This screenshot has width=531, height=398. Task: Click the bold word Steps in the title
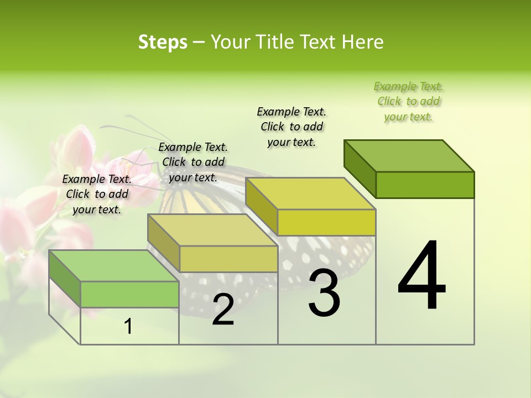[x=163, y=42]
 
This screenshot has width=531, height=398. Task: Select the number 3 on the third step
[x=324, y=292]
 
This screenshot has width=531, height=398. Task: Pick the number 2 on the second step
[x=223, y=310]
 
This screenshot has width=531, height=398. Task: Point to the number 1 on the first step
[x=128, y=327]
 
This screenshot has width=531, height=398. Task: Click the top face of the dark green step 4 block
[x=409, y=156]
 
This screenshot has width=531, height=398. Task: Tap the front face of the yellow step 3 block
[x=326, y=222]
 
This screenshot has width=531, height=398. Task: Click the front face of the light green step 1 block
[x=129, y=294]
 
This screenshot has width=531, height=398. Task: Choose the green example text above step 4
[x=408, y=102]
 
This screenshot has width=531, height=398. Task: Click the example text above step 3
[x=291, y=127]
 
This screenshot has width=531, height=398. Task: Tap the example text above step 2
[x=192, y=162]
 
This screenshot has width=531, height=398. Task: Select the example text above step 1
[x=97, y=194]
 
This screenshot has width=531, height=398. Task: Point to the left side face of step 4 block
[x=360, y=169]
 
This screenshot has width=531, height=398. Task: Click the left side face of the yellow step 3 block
[x=261, y=206]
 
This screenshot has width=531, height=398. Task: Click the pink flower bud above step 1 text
[x=76, y=146]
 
